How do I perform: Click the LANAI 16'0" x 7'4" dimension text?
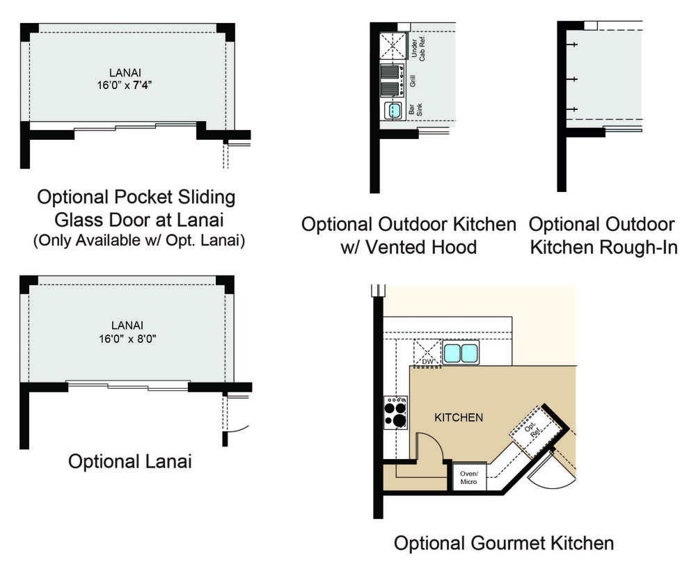125,79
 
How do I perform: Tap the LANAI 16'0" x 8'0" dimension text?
127,332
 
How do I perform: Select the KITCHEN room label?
459,417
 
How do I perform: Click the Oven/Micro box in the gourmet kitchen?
468,477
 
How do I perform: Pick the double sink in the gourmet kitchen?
461,353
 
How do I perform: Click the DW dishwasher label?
427,362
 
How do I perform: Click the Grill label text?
412,81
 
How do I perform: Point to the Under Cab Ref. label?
418,48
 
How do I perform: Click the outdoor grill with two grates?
393,80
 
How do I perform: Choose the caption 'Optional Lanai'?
129,461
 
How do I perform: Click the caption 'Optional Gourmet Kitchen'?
504,543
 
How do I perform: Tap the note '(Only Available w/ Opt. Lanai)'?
139,241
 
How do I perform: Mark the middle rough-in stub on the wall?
572,79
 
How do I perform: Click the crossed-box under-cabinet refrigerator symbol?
393,45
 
